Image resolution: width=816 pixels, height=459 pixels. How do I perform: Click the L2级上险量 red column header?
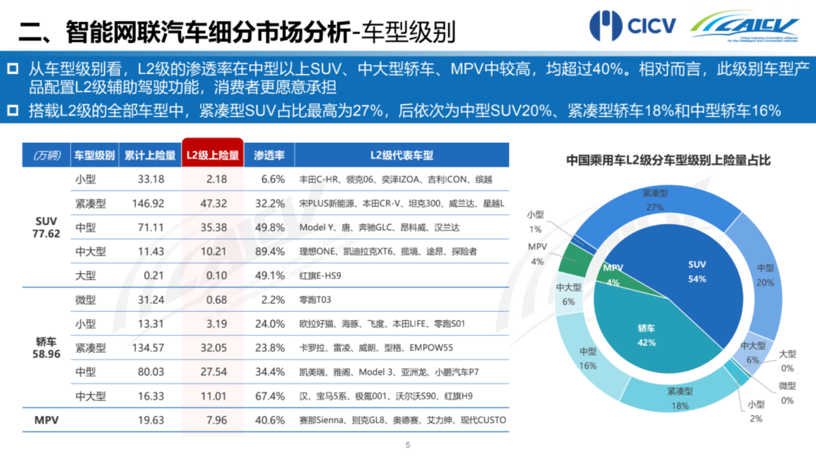[213, 155]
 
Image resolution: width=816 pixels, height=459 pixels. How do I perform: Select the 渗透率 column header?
[269, 155]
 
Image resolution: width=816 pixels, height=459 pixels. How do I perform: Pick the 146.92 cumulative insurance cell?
[147, 203]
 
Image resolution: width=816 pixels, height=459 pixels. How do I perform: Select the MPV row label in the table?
[47, 420]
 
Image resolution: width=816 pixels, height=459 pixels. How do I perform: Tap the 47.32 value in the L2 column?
[213, 203]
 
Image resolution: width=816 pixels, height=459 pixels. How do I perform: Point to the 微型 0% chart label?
[787, 392]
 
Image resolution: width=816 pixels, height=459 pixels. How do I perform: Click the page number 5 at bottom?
[408, 445]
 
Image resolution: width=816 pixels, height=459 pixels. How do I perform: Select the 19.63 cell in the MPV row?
[150, 420]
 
